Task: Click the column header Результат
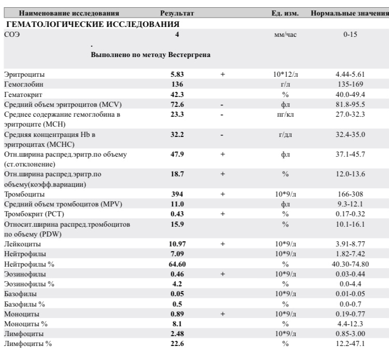click(177, 12)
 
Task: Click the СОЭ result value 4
click(177, 35)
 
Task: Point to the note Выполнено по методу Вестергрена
click(150, 54)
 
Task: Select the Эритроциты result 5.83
click(178, 75)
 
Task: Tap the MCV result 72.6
click(178, 104)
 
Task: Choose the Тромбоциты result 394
click(178, 193)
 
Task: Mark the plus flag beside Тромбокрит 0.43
click(222, 214)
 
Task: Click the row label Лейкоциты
click(21, 244)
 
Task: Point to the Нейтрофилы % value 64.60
click(178, 264)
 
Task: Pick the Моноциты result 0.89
click(178, 313)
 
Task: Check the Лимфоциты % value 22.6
click(178, 343)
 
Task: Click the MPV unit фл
click(285, 204)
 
